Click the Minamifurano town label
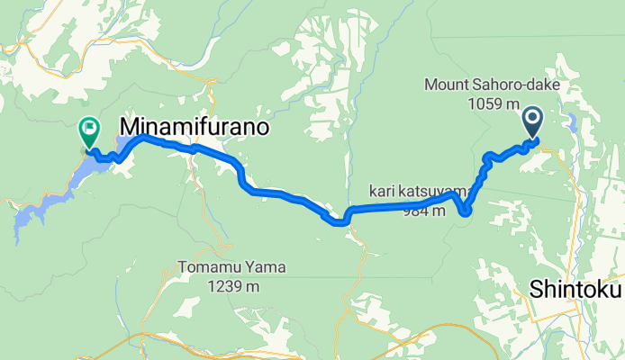[195, 127]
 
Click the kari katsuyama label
[417, 192]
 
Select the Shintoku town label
[575, 291]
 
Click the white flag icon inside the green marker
[89, 129]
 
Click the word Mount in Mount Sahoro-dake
[445, 86]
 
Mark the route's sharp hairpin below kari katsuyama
[465, 212]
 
